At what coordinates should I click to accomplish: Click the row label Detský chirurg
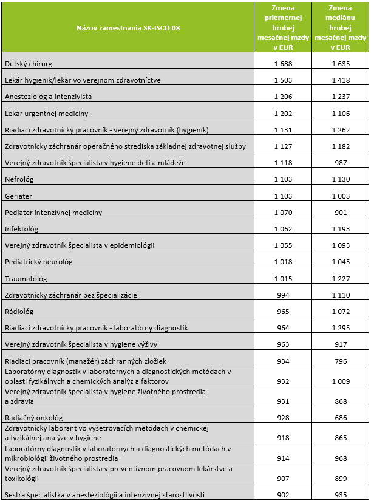[29, 64]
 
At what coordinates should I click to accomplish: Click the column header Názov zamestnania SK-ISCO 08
[128, 27]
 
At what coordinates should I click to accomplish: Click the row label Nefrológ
[19, 180]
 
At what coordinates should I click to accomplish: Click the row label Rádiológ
[19, 312]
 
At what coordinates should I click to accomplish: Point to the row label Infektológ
[21, 230]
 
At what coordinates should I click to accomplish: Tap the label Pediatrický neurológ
[38, 262]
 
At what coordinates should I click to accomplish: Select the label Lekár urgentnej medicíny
[46, 114]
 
